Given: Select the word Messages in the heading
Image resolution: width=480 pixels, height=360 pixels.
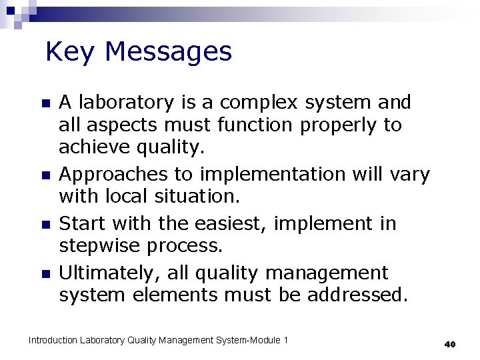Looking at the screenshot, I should (x=168, y=51).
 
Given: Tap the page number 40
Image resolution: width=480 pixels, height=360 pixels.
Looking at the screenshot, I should (x=449, y=344).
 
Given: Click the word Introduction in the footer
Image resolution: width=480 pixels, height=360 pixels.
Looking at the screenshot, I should (x=53, y=341).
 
